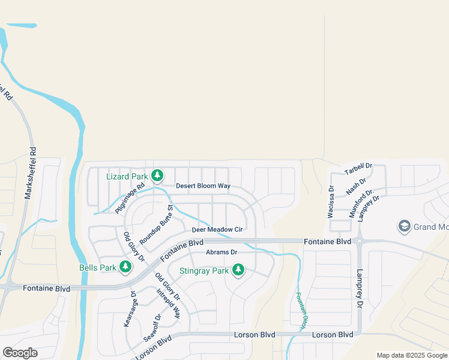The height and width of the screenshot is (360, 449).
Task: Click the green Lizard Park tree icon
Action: click(x=157, y=176)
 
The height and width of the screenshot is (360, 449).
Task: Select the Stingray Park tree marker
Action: click(x=238, y=270)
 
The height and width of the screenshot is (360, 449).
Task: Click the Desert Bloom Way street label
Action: click(x=203, y=186)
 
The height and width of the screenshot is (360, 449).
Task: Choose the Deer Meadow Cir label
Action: click(x=217, y=230)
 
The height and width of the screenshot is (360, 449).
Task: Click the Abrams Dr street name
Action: click(x=221, y=253)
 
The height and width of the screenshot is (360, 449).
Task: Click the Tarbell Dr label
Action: click(x=358, y=169)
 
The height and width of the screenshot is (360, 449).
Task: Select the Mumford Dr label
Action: click(x=361, y=202)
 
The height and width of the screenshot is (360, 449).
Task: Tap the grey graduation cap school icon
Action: click(x=405, y=227)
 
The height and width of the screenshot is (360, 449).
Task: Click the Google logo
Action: click(x=20, y=353)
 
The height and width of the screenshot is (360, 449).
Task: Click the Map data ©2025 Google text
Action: click(x=412, y=355)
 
